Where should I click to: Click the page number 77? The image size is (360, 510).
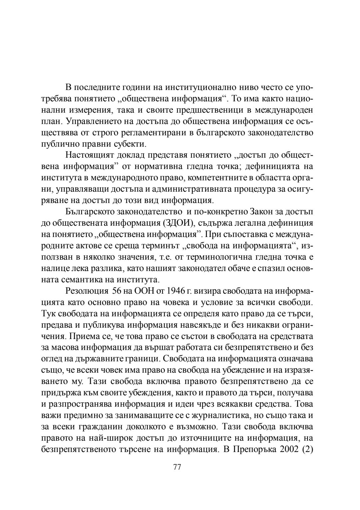click(x=177, y=467)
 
